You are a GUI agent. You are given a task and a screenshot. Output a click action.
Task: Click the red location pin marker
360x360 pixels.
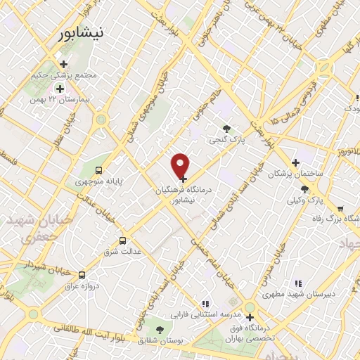click(x=181, y=165)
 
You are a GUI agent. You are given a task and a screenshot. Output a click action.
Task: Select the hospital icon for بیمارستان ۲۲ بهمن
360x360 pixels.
click(x=60, y=89)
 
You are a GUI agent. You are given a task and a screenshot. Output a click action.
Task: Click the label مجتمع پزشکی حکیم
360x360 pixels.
click(x=72, y=75)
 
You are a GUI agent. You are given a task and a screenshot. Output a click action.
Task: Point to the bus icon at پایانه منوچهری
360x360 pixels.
click(x=99, y=169)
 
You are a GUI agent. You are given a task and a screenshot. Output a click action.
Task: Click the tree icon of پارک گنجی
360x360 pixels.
click(x=226, y=128)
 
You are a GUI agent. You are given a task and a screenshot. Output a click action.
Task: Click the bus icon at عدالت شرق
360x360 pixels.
click(x=124, y=240)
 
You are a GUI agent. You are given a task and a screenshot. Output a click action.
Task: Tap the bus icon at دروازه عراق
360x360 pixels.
click(x=82, y=275)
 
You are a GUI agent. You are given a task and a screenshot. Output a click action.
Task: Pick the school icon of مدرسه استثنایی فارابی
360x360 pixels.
click(x=205, y=304)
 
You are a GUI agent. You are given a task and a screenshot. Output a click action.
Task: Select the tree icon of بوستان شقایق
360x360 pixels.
click(x=160, y=329)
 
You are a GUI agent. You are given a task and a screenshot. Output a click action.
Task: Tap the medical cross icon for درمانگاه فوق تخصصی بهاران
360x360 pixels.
click(x=250, y=317)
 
